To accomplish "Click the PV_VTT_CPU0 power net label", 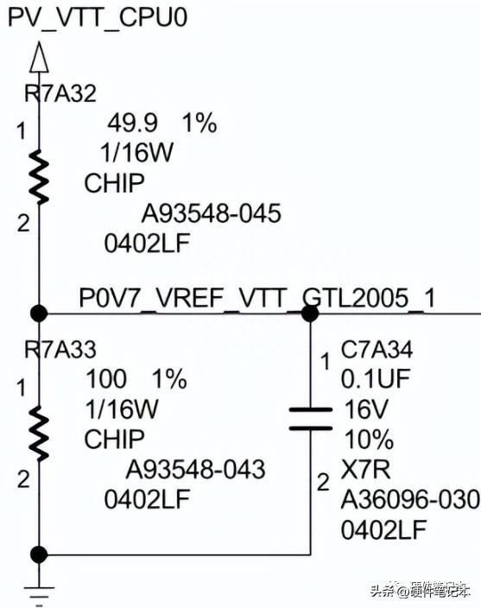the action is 98,18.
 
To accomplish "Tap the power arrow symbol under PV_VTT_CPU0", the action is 39,57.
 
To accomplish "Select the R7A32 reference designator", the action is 60,93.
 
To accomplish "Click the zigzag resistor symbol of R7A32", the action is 39,176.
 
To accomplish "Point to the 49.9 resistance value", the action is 133,123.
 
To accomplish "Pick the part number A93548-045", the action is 212,213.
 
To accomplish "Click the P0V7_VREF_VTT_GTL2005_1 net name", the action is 257,298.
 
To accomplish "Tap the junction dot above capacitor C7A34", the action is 310,313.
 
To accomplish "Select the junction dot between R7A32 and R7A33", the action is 39,313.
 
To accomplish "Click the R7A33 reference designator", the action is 60,349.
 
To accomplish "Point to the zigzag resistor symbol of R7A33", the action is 39,434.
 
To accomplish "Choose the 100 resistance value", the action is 106,379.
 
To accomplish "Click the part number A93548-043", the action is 196,469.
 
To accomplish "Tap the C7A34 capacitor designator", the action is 377,349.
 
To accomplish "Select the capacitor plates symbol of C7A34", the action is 311,419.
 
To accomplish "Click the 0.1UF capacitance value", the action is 376,379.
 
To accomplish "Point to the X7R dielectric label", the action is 365,469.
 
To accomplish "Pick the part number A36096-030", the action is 410,499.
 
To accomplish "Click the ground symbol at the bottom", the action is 39,595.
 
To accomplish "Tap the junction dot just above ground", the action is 39,554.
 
